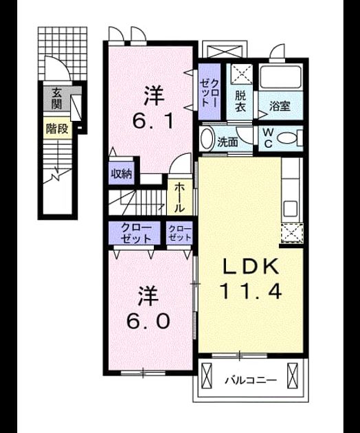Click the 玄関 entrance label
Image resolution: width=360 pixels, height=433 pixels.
(x=56, y=98)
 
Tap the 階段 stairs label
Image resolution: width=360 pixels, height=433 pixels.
(x=57, y=129)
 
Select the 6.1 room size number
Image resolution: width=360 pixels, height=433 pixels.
(x=153, y=122)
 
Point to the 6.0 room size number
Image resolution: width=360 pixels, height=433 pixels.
(x=148, y=321)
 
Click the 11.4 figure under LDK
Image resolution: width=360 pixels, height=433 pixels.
(x=251, y=291)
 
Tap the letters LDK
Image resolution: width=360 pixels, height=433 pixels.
(x=251, y=267)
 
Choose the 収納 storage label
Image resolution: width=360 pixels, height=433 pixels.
(x=122, y=174)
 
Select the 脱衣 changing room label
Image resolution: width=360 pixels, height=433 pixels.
(x=240, y=101)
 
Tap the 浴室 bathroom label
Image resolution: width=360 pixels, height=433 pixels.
(x=280, y=106)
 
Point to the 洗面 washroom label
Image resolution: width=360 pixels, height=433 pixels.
(x=227, y=142)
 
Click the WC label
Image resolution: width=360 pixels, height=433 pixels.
(x=267, y=137)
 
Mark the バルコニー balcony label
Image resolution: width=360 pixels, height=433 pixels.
(x=251, y=381)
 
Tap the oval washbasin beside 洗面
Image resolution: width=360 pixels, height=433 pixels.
(x=207, y=139)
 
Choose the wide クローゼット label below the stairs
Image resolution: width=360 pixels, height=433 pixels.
(x=136, y=234)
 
